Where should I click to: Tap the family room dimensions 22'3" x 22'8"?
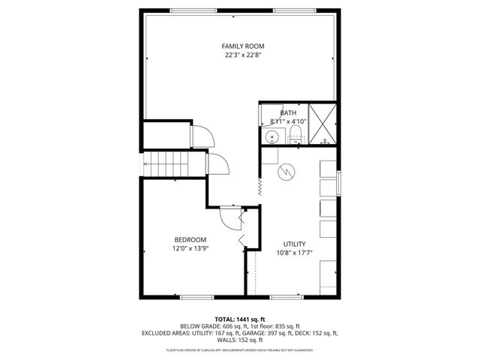click(239, 55)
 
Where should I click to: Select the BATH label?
click(289, 112)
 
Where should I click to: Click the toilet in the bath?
click(295, 135)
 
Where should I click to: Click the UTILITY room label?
click(293, 244)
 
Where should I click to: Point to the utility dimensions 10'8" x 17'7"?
click(293, 253)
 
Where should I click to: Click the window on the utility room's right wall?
click(338, 182)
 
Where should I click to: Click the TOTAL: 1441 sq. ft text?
click(239, 319)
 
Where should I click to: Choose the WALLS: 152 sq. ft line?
click(239, 340)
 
